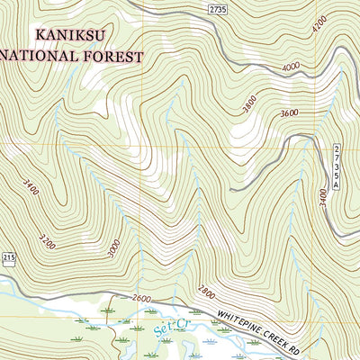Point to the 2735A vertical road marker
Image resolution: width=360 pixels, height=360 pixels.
coord(337,166)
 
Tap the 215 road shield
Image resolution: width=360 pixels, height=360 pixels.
coord(8,258)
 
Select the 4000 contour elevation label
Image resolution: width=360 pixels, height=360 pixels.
coord(290,67)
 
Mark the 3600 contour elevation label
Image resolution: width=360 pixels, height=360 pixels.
coord(289,113)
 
